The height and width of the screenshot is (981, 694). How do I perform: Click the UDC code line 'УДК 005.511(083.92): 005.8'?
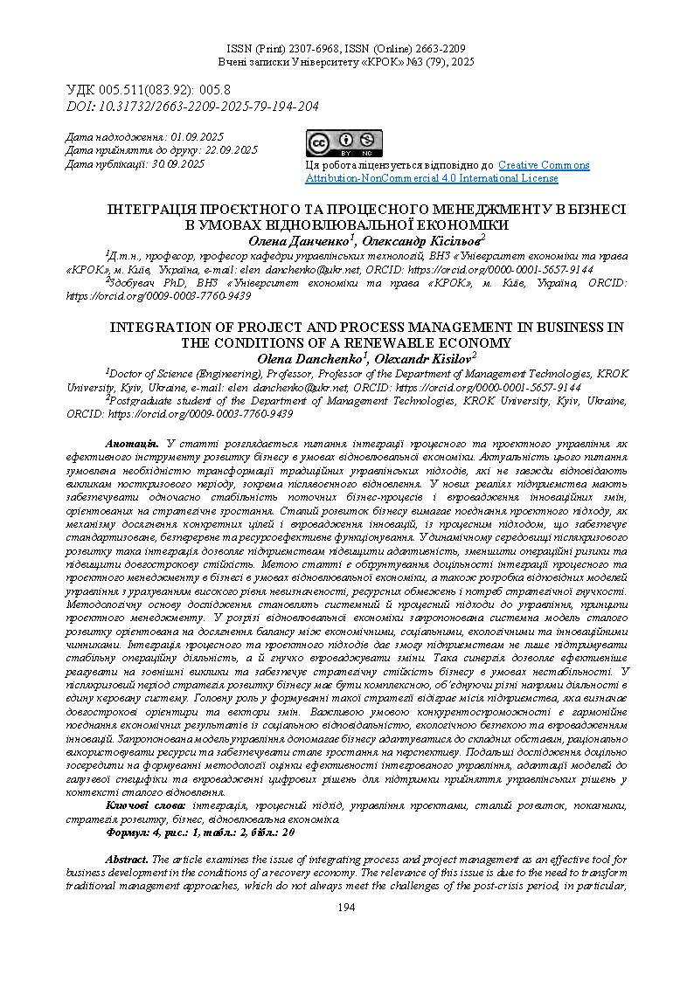tap(149, 90)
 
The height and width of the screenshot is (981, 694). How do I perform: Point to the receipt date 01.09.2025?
tap(198, 137)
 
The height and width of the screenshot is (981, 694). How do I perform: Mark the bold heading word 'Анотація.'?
tap(131, 445)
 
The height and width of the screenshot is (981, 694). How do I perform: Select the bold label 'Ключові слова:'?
tap(145, 805)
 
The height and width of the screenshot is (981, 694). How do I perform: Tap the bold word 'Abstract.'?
tap(127, 860)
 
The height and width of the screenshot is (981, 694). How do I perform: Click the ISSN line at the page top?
tap(346, 49)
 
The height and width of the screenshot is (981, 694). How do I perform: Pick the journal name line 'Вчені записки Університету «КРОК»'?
tap(346, 63)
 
